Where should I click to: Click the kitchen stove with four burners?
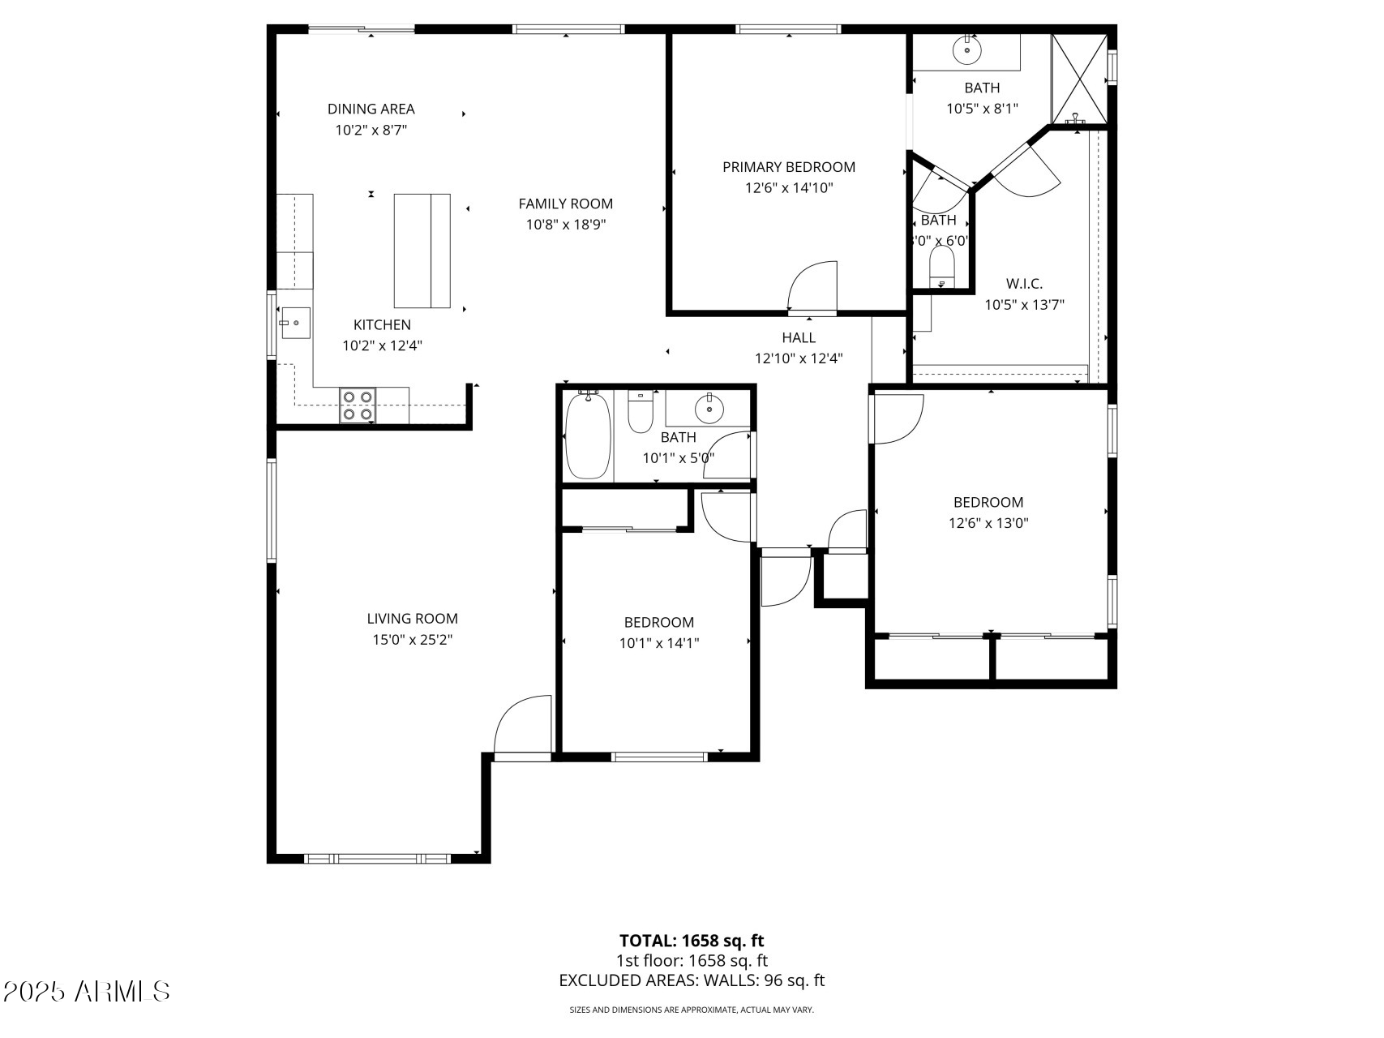(x=358, y=405)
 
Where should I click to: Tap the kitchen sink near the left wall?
(x=295, y=323)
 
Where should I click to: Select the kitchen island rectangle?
(x=422, y=251)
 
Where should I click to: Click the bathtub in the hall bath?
(x=587, y=436)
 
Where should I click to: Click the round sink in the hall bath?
(x=710, y=408)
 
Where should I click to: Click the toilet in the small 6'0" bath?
(x=941, y=266)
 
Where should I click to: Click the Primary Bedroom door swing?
(x=813, y=285)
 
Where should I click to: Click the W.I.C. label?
(x=1024, y=284)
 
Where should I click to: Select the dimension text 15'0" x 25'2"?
(x=412, y=640)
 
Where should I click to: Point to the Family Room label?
(x=565, y=204)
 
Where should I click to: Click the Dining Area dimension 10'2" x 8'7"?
(x=371, y=130)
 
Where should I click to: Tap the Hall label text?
(x=799, y=337)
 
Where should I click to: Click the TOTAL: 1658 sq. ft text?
(x=692, y=941)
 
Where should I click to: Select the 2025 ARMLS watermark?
(x=87, y=991)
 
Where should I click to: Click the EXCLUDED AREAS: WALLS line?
(x=692, y=980)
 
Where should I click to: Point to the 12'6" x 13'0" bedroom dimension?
(x=988, y=523)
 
